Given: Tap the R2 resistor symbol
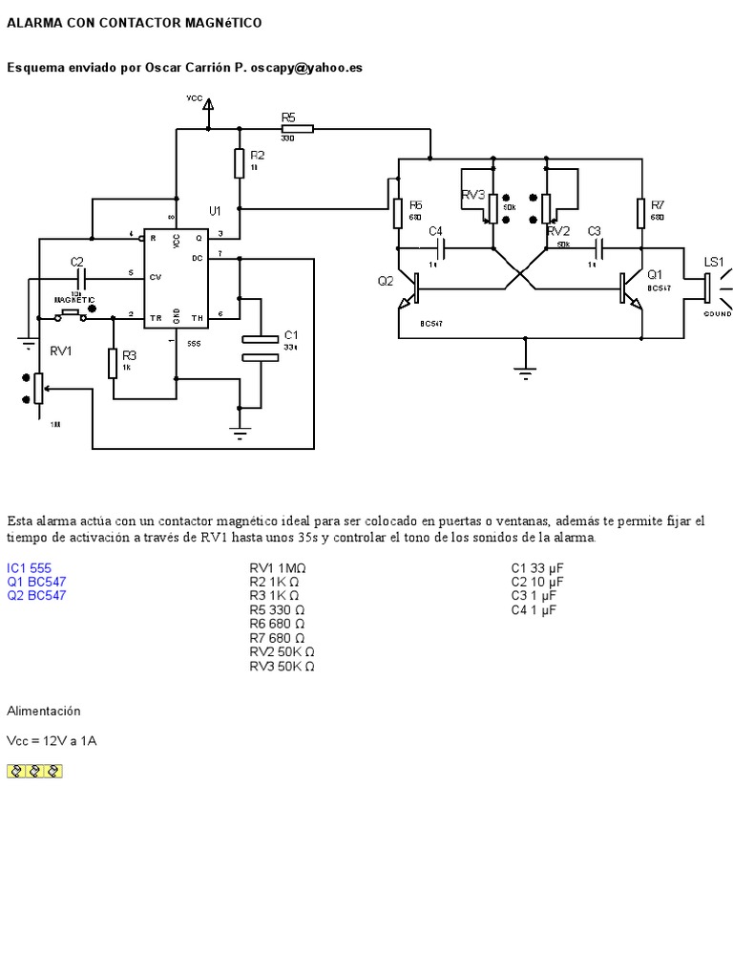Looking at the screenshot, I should (239, 162).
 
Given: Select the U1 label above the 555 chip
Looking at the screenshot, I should (215, 210).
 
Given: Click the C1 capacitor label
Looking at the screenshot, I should (291, 335).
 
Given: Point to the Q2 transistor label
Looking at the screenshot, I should (385, 281).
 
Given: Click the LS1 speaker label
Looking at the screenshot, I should (714, 262).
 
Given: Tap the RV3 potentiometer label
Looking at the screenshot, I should (473, 195).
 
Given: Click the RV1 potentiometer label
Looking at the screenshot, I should (62, 351).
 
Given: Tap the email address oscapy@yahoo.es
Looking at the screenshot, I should (306, 68).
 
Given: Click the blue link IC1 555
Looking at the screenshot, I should (30, 567).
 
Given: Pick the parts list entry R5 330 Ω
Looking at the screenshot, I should (277, 609).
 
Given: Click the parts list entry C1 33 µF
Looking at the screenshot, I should (537, 567).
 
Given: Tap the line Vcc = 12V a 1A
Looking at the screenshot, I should (52, 740).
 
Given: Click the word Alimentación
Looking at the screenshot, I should (44, 712).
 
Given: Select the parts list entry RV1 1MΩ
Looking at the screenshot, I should (278, 567).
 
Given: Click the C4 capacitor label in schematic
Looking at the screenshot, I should (436, 231).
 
